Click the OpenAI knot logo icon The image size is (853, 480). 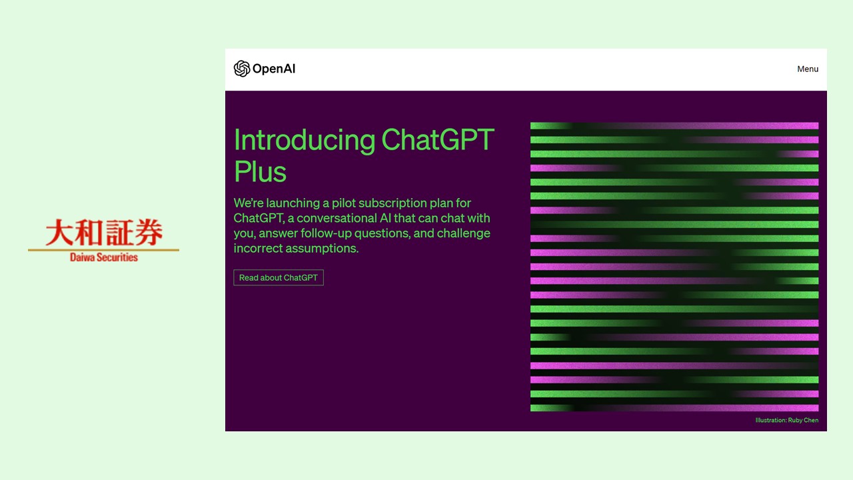click(241, 69)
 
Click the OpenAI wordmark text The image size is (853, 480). click(274, 69)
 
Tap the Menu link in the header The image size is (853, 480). click(808, 69)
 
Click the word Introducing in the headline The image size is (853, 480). click(305, 140)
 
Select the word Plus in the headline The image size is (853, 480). click(260, 171)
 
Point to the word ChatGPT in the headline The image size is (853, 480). click(437, 140)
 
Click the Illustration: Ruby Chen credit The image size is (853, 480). click(786, 420)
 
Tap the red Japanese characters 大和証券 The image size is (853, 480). click(104, 233)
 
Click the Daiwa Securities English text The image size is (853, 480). click(104, 257)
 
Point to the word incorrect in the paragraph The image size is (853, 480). click(258, 249)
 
